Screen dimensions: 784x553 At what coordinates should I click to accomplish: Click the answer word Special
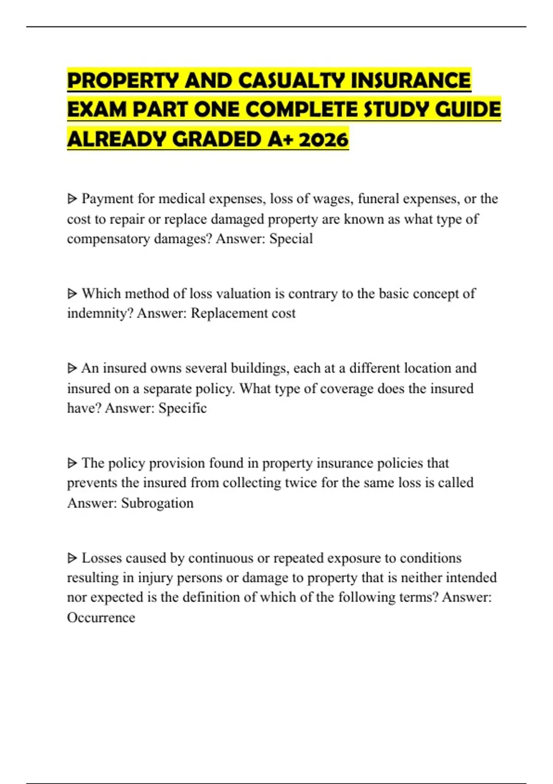291,239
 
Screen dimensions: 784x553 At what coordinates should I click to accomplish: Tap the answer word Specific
182,408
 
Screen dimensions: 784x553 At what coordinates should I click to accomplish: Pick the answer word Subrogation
157,503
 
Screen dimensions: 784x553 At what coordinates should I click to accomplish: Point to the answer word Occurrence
101,617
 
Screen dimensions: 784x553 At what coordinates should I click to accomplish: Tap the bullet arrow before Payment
72,199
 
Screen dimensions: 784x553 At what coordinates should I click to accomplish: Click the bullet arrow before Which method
72,293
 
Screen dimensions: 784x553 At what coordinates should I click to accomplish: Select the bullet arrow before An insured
72,368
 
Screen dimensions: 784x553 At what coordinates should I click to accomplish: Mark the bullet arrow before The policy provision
72,463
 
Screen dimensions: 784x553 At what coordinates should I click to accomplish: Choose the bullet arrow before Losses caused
72,558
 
